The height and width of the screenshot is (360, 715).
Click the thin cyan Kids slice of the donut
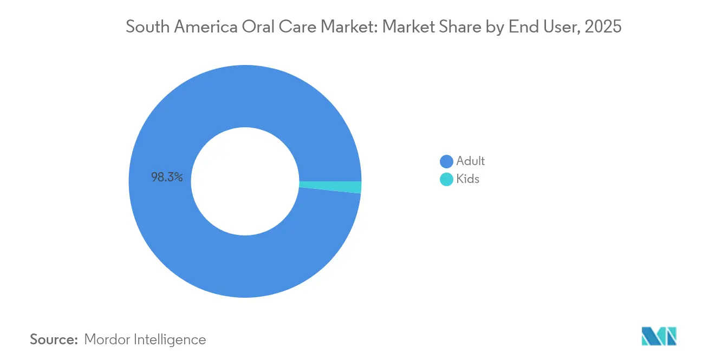[330, 186]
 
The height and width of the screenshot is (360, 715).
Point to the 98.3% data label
[167, 177]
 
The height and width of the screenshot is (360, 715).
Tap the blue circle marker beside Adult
[446, 161]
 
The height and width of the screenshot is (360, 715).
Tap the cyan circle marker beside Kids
[446, 179]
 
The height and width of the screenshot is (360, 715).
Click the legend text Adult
[470, 161]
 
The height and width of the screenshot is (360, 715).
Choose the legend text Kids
[467, 179]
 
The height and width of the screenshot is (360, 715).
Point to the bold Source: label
[54, 339]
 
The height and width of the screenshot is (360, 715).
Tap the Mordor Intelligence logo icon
[659, 336]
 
